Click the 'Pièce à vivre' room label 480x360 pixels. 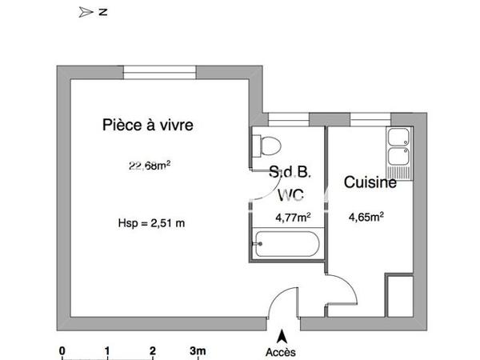(148, 125)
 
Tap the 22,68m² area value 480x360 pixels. (150, 166)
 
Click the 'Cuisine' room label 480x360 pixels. (370, 183)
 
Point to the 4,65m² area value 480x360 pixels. (367, 216)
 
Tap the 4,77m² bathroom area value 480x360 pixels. (293, 216)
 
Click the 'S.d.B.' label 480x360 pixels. (290, 171)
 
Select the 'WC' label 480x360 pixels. (290, 194)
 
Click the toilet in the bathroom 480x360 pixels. (266, 146)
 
